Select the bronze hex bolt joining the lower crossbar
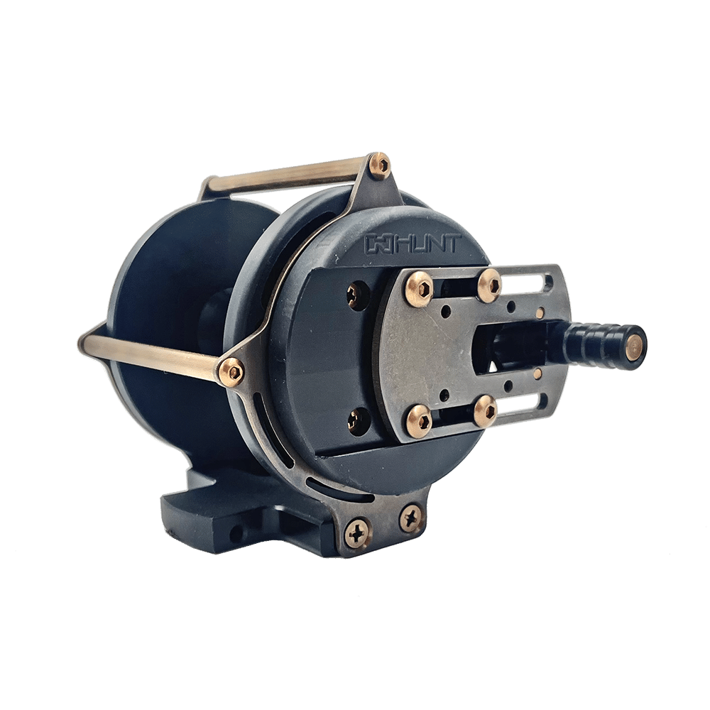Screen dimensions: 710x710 [231, 370]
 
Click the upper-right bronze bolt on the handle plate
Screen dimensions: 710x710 [490, 283]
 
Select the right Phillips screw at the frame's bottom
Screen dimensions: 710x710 [411, 518]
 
